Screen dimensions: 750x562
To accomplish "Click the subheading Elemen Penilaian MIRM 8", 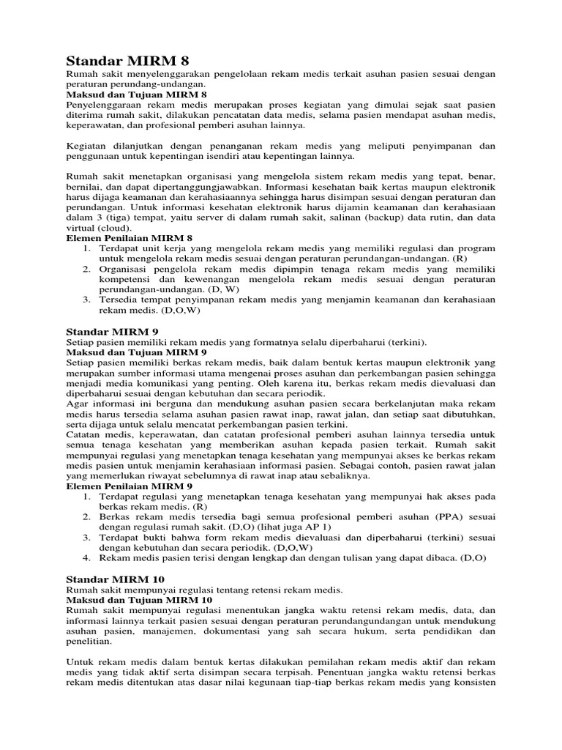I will (x=129, y=238).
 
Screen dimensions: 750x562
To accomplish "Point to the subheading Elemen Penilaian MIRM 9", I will (x=130, y=486).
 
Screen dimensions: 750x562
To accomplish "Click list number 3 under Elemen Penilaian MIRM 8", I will (x=86, y=300).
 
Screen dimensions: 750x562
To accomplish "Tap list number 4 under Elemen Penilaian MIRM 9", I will (x=86, y=557).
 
